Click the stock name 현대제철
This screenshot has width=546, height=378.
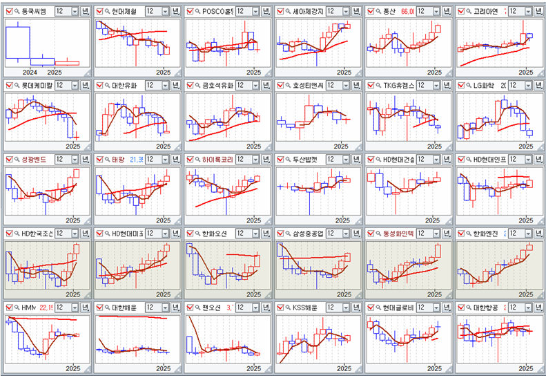(124, 12)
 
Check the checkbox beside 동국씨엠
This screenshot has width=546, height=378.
(8, 12)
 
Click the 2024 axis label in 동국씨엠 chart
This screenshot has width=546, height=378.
(30, 72)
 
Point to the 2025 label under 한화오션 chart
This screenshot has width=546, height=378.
(253, 294)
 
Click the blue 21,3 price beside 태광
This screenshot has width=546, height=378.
(136, 160)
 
